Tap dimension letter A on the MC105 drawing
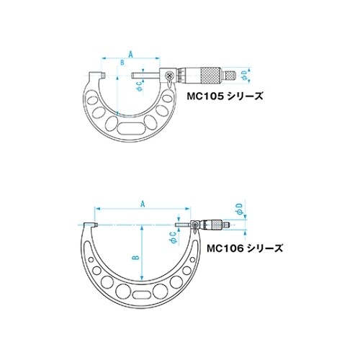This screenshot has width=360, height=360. click(130, 53)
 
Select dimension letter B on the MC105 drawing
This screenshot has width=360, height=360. click(122, 64)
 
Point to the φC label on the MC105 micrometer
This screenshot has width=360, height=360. click(139, 85)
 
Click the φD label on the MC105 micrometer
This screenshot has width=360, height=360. click(245, 74)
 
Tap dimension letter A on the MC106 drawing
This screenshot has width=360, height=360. click(143, 204)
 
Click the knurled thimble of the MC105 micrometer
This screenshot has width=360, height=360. click(210, 73)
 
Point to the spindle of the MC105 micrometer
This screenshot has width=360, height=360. click(148, 73)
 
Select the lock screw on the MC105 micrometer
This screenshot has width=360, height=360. click(168, 75)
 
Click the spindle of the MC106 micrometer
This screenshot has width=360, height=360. click(183, 225)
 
